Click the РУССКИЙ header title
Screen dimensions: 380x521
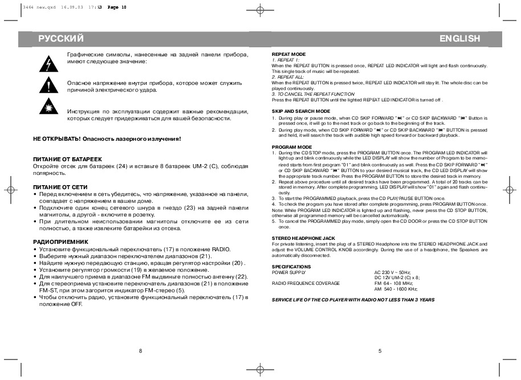(62, 39)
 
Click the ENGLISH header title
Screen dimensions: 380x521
(459, 39)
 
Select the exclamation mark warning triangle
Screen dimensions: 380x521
(45, 86)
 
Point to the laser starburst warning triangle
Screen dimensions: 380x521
(45, 108)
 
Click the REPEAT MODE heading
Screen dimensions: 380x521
(289, 54)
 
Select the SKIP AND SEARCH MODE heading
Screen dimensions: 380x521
(301, 111)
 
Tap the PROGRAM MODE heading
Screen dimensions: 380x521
(292, 147)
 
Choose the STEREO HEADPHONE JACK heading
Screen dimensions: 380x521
(303, 238)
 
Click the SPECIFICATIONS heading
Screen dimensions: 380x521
(291, 266)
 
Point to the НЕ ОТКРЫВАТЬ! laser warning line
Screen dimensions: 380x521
(107, 138)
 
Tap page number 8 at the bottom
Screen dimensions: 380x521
(140, 350)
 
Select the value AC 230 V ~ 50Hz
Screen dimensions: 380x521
(392, 272)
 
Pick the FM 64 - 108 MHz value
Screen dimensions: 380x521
(393, 283)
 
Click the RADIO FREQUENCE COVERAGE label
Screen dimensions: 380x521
(306, 283)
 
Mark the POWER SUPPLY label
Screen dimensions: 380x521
(289, 272)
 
